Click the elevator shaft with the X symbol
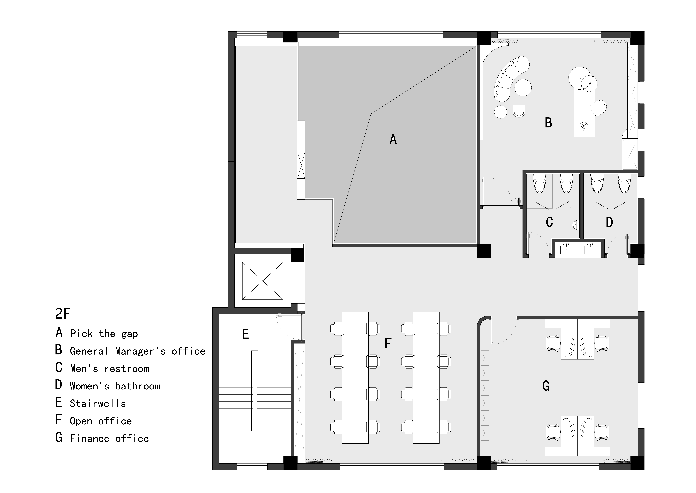(263, 281)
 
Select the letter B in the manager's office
(548, 123)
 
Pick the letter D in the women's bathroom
(609, 223)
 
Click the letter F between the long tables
(388, 344)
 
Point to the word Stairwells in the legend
(98, 403)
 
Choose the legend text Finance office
(109, 438)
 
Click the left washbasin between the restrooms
(566, 249)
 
